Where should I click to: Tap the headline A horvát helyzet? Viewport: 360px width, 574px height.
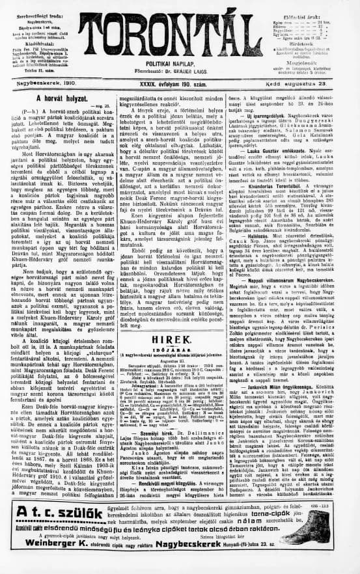(57, 98)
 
